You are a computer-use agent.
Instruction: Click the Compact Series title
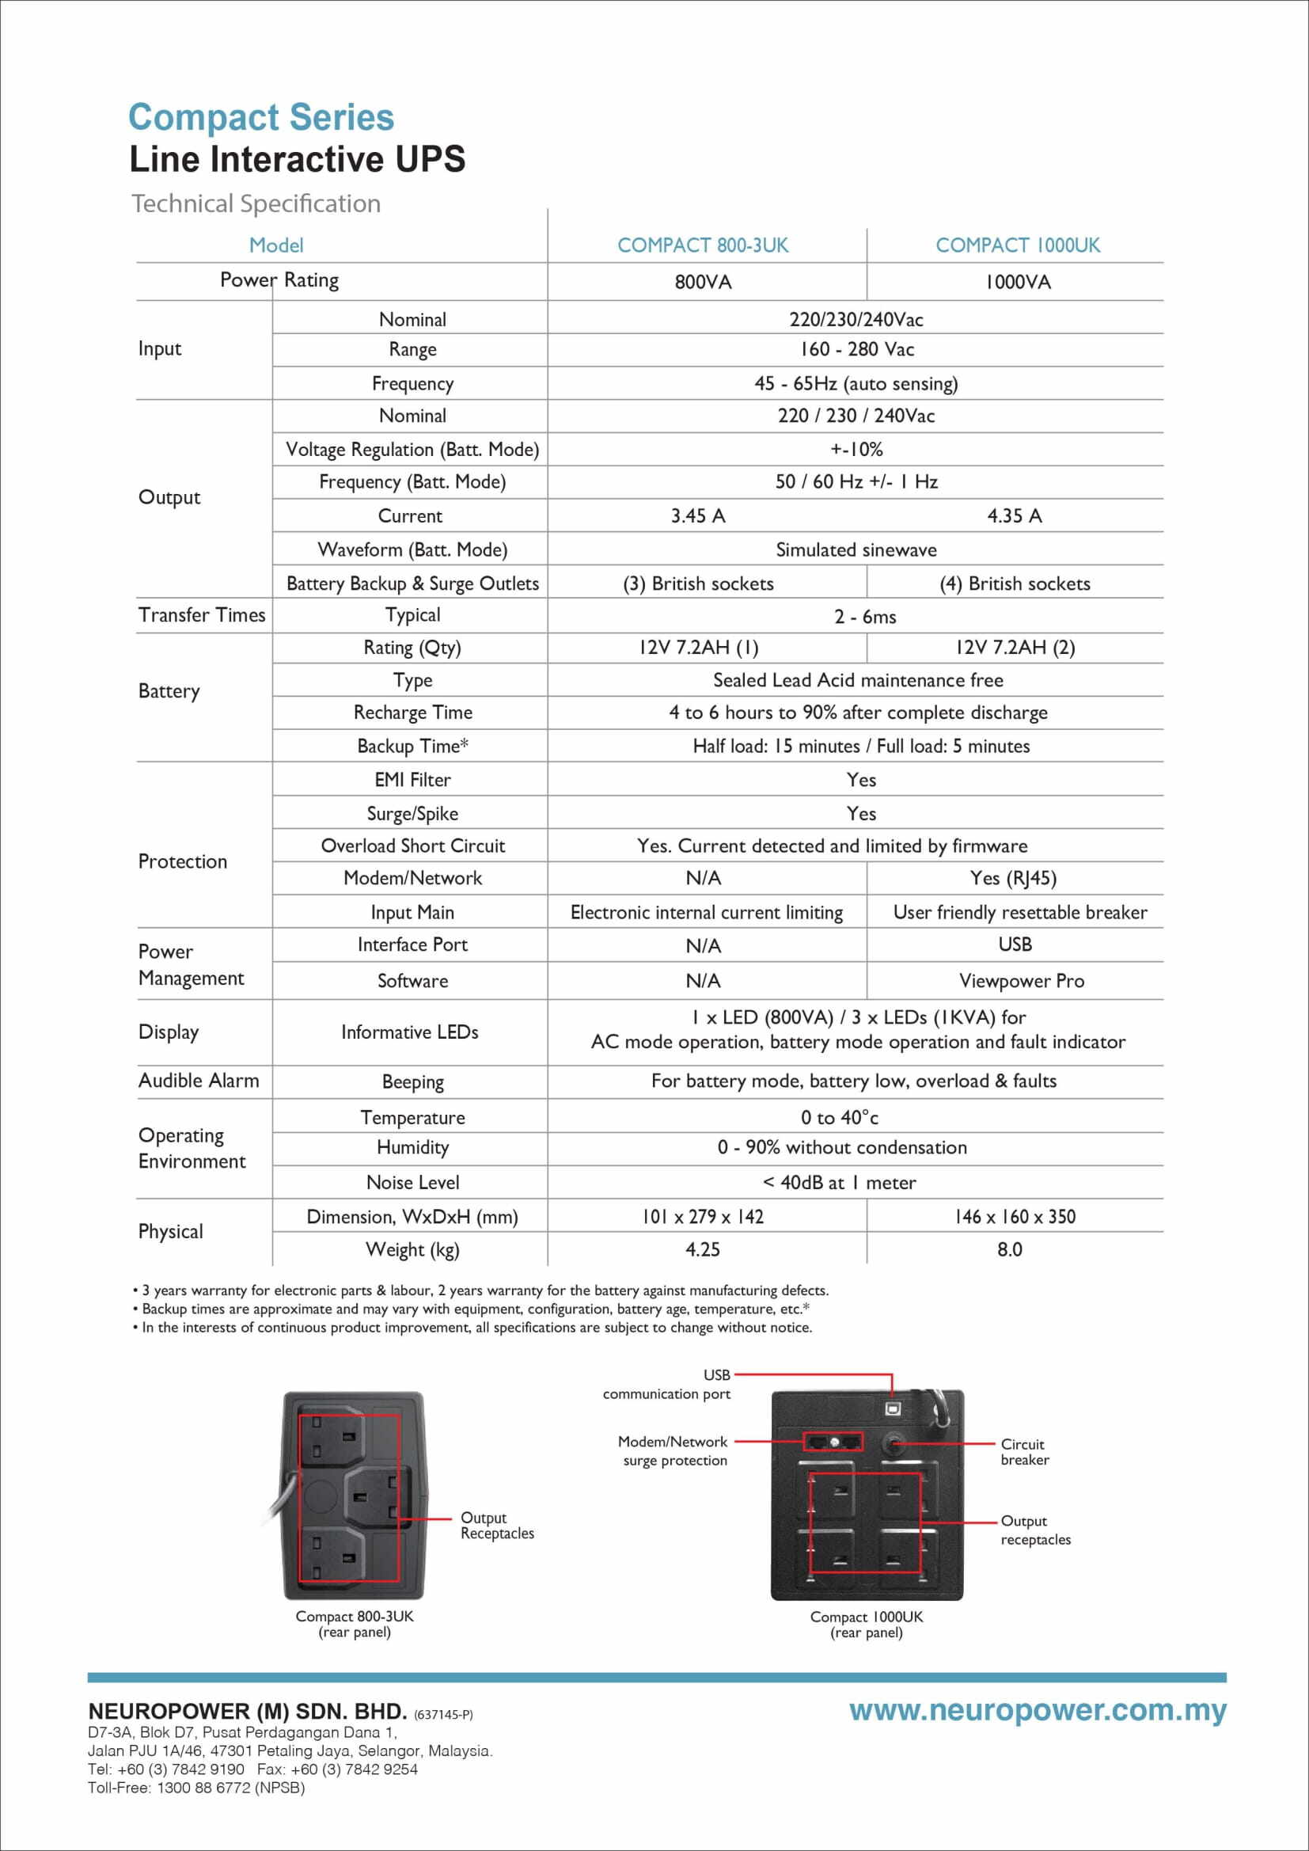[260, 118]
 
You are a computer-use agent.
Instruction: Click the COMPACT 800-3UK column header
[702, 245]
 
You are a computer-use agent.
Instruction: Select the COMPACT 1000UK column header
[1017, 245]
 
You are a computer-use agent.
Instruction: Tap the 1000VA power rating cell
[1017, 282]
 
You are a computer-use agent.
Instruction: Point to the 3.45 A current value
[698, 516]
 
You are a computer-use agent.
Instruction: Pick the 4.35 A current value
[1014, 516]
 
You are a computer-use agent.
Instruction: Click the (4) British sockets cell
[1014, 583]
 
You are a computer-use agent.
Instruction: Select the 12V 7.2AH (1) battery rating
[698, 648]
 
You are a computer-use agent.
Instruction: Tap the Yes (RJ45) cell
[1012, 878]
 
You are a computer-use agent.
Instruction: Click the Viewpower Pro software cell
[1020, 981]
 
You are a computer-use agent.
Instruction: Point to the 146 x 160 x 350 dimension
[1014, 1217]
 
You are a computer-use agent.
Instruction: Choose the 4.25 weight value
[702, 1249]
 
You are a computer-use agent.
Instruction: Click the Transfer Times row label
[202, 615]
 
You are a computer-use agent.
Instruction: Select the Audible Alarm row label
[199, 1081]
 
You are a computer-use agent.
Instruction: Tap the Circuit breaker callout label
[1024, 1451]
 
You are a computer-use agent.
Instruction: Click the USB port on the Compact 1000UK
[892, 1408]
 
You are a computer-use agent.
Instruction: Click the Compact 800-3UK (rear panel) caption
[354, 1624]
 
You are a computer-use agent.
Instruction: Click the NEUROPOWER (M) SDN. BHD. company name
[247, 1712]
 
